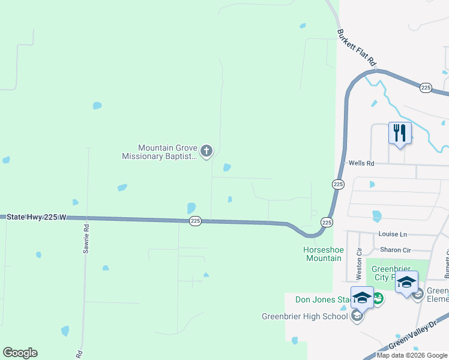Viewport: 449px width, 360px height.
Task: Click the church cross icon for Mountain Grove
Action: click(206, 151)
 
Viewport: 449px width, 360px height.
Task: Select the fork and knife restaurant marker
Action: click(400, 133)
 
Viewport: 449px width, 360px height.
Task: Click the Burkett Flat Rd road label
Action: click(357, 47)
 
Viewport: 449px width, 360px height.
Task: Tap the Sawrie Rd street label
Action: click(86, 237)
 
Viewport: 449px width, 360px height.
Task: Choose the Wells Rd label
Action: click(361, 163)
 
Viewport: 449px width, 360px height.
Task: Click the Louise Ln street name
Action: click(393, 234)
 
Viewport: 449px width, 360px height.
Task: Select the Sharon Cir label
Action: click(394, 250)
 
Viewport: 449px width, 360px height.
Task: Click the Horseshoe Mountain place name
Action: click(322, 254)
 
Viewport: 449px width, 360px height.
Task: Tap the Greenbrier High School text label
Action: click(304, 317)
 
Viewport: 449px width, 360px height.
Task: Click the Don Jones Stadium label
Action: click(322, 300)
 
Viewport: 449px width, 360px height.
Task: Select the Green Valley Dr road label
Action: click(413, 338)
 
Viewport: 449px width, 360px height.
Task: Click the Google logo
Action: click(20, 353)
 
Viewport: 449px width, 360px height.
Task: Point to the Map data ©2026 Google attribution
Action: click(412, 355)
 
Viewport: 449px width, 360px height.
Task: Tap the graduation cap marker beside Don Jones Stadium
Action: click(362, 297)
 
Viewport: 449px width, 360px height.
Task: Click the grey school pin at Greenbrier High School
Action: click(357, 316)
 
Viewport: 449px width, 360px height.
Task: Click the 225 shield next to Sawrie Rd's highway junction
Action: click(195, 221)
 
